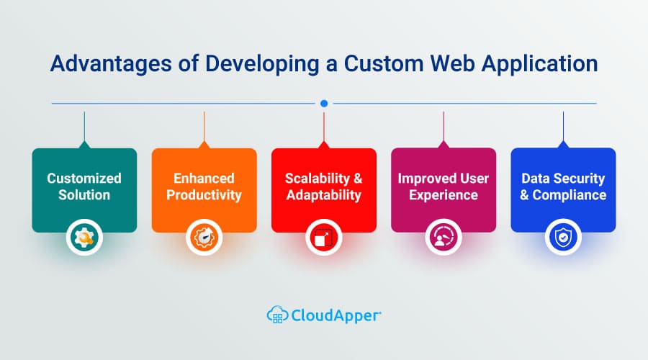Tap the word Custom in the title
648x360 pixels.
tap(384, 63)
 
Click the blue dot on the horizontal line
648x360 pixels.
tap(324, 104)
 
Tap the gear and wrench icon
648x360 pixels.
tap(84, 238)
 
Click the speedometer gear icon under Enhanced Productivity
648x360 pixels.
tap(204, 238)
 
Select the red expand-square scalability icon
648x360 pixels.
tap(324, 238)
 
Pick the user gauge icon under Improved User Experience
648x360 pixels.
tap(444, 238)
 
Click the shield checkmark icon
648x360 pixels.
tap(563, 238)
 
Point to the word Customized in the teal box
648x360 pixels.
tap(84, 178)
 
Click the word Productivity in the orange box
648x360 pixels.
tap(204, 194)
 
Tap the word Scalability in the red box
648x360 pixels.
tap(318, 179)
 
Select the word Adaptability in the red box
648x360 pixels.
tap(324, 194)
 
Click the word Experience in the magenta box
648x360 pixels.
tap(444, 195)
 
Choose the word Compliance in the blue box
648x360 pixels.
tap(570, 194)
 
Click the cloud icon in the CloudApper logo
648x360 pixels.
tap(278, 315)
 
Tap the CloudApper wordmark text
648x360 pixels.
tap(336, 316)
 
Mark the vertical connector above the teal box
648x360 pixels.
tap(84, 127)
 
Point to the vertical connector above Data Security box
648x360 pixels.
tap(563, 127)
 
